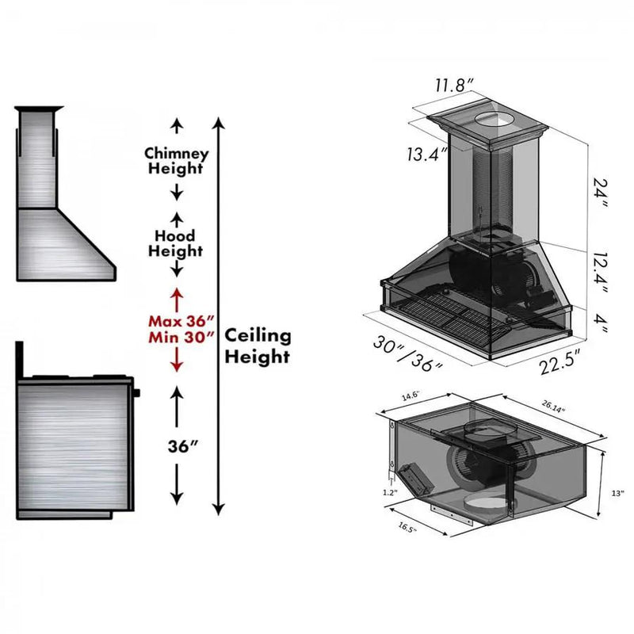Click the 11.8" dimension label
(x=454, y=86)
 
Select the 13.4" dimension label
(x=427, y=154)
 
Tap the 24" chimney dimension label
(x=600, y=193)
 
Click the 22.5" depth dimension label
(x=560, y=361)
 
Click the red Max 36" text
(x=181, y=321)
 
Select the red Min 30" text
(x=181, y=337)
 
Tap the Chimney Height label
(x=176, y=161)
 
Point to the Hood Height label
(x=175, y=243)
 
